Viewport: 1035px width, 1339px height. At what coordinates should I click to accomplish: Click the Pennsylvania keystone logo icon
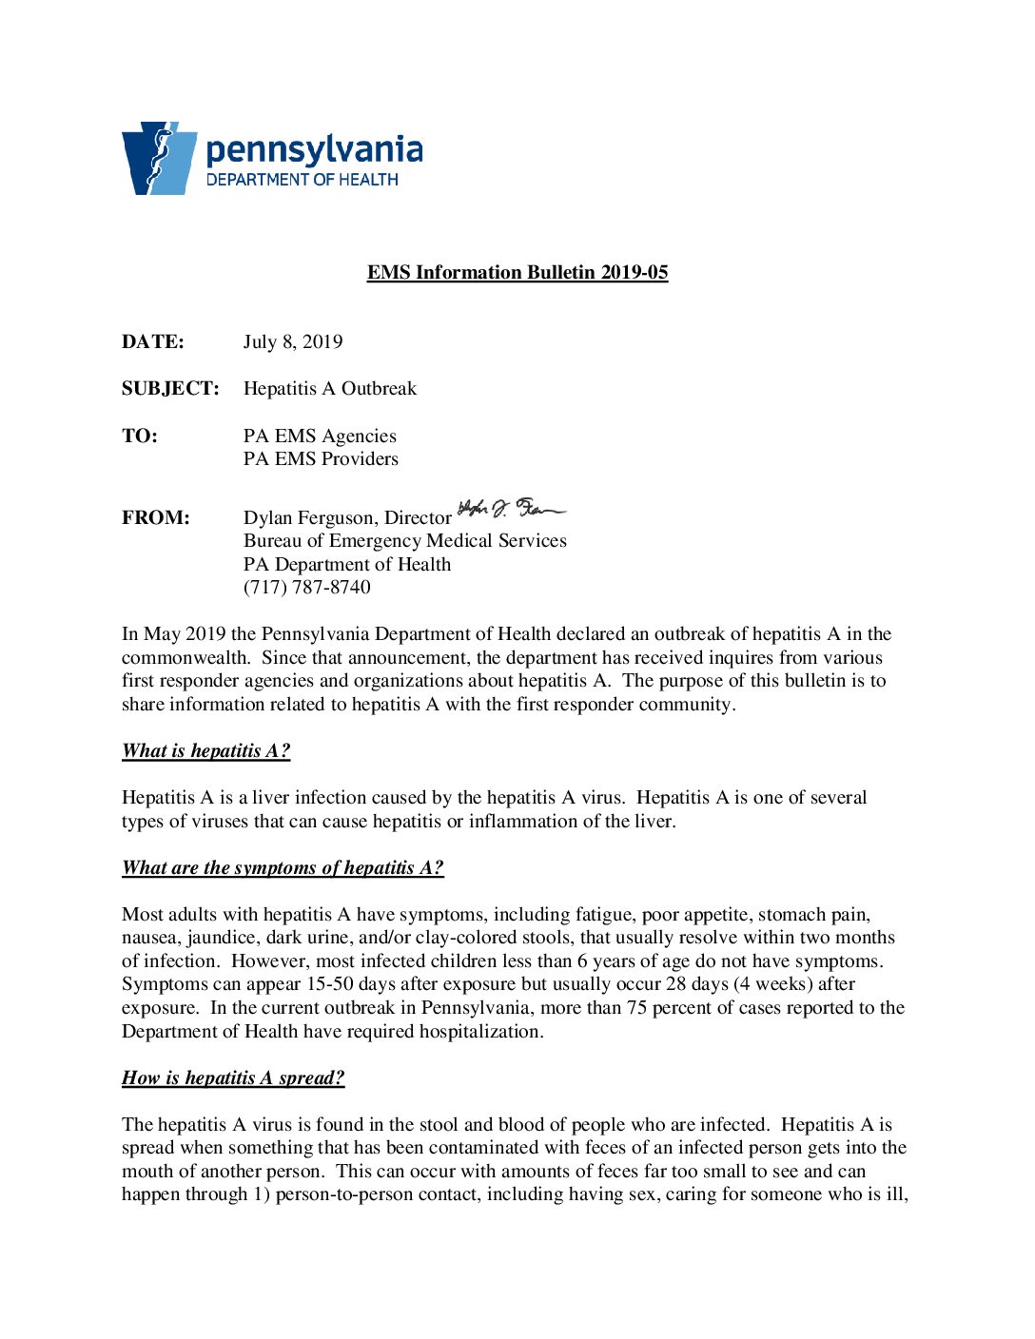click(x=158, y=158)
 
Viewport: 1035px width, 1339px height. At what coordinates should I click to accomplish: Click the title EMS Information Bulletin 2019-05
click(x=517, y=273)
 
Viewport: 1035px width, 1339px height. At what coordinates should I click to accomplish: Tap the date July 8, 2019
click(x=293, y=342)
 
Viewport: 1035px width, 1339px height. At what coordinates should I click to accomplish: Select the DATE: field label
click(x=153, y=342)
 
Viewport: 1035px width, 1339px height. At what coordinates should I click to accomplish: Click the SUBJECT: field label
click(x=170, y=389)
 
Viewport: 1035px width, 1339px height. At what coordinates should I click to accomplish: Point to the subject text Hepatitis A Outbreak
click(x=330, y=389)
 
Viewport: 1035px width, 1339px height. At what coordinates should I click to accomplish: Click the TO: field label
click(x=140, y=437)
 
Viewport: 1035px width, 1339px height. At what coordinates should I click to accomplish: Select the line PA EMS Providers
click(x=321, y=459)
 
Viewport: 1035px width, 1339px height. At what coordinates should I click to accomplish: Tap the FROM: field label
click(x=156, y=518)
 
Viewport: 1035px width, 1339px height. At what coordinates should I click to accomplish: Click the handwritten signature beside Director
click(x=511, y=510)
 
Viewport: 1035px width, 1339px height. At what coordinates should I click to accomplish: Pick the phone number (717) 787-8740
click(x=307, y=588)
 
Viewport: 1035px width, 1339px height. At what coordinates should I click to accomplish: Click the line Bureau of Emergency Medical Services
click(x=405, y=541)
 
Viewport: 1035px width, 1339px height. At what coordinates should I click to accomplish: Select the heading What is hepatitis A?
click(x=206, y=751)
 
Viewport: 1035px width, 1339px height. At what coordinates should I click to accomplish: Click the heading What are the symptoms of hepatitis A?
click(x=283, y=868)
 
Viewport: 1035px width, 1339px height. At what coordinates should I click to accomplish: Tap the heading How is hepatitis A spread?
click(x=233, y=1078)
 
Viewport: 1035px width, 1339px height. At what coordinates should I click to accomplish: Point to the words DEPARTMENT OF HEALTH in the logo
click(x=303, y=180)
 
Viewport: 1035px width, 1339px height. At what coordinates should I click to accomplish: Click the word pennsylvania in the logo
click(x=314, y=151)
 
